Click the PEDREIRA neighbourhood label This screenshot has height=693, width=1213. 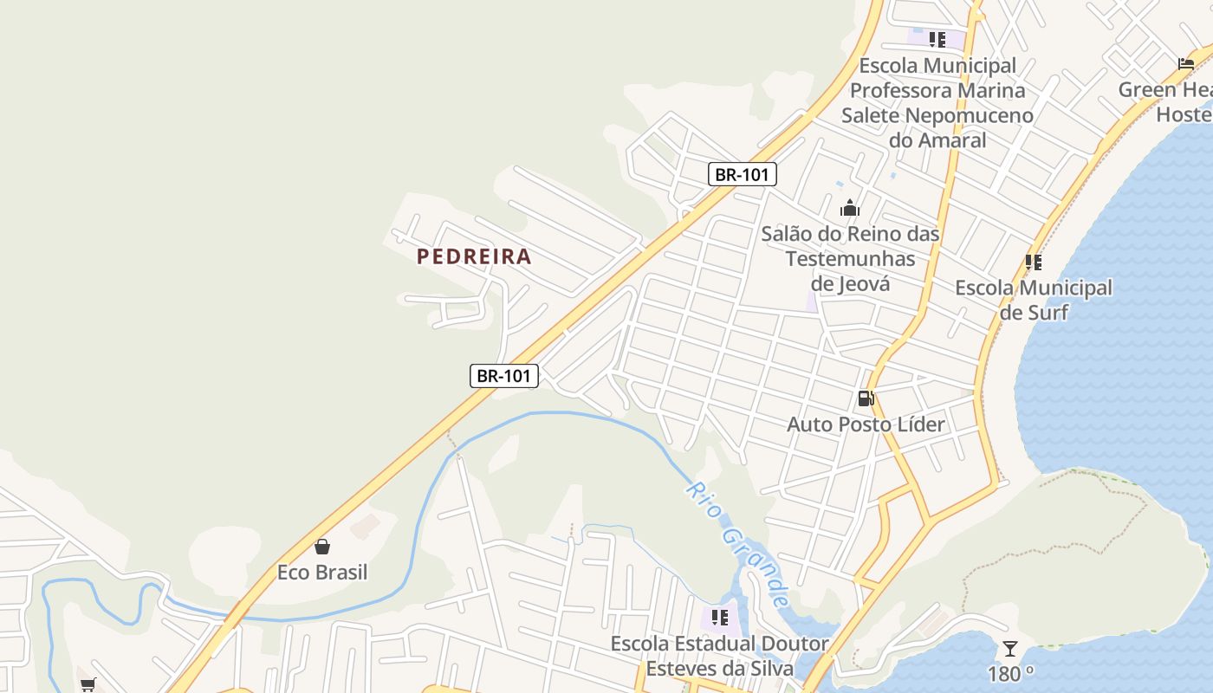[474, 256]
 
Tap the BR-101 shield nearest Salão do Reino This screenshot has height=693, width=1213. [743, 174]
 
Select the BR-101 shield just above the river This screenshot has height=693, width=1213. [504, 376]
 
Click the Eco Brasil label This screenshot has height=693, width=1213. [322, 573]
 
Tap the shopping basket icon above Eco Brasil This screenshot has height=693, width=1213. [322, 547]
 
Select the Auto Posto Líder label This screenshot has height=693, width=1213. [866, 424]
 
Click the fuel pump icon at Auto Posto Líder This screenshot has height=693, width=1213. [866, 398]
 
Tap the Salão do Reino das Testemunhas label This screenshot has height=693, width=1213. [850, 258]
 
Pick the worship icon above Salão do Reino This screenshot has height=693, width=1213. [850, 208]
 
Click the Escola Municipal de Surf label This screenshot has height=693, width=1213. [1034, 300]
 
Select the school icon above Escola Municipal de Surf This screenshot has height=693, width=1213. [1033, 262]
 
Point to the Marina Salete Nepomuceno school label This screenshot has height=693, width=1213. [937, 102]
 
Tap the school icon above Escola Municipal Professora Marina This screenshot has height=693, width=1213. [937, 39]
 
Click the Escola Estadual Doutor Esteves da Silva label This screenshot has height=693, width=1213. [719, 656]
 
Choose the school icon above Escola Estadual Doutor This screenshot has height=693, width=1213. [719, 617]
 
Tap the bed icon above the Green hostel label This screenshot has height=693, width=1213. [1186, 63]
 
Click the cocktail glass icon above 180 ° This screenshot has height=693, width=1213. [1010, 648]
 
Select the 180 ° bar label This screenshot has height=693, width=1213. [1010, 674]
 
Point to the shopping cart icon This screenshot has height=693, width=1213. [88, 684]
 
